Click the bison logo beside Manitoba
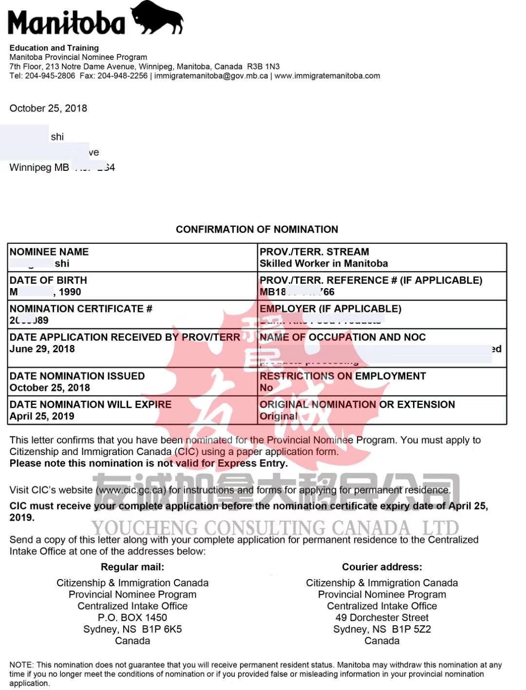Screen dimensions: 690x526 (x=157, y=18)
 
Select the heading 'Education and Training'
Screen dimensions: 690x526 (x=54, y=48)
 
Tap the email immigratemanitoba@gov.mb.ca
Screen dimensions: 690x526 (x=211, y=76)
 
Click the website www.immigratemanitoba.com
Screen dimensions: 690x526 (x=327, y=76)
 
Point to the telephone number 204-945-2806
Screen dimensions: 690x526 (x=50, y=76)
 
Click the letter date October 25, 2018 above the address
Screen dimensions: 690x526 (x=48, y=108)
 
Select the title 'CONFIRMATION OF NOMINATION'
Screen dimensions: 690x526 (x=257, y=229)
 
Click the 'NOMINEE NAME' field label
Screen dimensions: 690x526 (x=49, y=252)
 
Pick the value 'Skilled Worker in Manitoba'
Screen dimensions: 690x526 (x=324, y=263)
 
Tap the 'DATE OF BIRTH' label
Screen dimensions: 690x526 (x=48, y=280)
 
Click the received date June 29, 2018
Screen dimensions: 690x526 (x=42, y=349)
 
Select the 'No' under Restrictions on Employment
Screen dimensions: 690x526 (x=266, y=388)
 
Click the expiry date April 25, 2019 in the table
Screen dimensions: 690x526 (x=42, y=416)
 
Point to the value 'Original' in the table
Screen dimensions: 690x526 (x=278, y=416)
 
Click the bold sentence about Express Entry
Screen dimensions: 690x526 (x=149, y=463)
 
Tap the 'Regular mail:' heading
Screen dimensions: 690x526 (x=132, y=567)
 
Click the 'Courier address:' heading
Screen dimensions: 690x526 (x=382, y=567)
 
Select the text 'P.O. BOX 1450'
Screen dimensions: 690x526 (x=132, y=617)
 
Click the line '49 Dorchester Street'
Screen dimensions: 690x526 (x=382, y=617)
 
